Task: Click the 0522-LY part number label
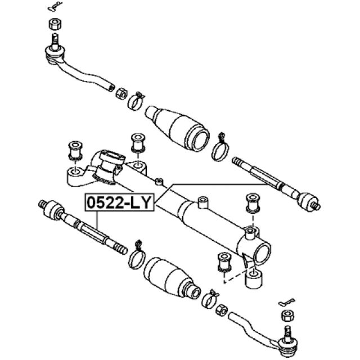click(119, 202)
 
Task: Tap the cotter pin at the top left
click(55, 6)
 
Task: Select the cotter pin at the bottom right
click(286, 302)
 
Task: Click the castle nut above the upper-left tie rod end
click(55, 24)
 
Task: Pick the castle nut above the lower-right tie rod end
click(287, 316)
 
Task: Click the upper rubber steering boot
click(177, 129)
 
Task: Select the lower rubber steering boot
click(173, 278)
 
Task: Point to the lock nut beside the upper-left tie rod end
click(121, 93)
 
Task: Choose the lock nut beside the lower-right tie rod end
click(222, 310)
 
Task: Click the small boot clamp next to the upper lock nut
click(136, 101)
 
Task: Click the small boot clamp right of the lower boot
click(209, 299)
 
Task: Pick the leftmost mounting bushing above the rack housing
click(75, 151)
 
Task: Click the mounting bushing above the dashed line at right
click(253, 203)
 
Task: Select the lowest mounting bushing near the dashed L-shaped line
click(224, 262)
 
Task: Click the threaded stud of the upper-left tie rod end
click(55, 42)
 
